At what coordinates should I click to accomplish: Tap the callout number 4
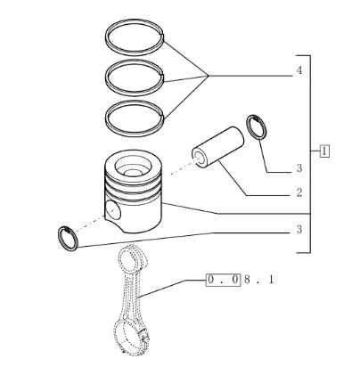[299, 70]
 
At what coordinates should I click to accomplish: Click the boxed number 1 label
[324, 151]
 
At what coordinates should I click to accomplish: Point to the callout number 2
[299, 192]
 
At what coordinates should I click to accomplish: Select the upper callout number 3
[299, 168]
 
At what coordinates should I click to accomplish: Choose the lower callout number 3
[299, 229]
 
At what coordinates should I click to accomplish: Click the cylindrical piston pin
[217, 146]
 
